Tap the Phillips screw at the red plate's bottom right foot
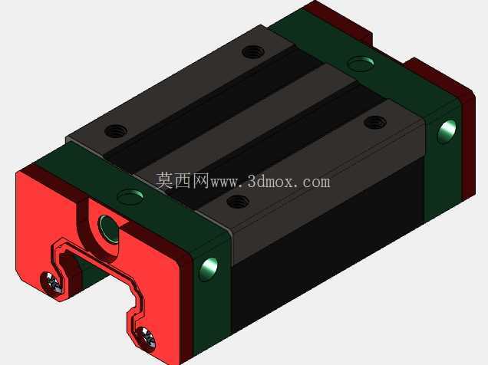[x=146, y=337]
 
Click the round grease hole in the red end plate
[x=109, y=227]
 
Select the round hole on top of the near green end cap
[x=130, y=196]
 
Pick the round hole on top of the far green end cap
[x=361, y=64]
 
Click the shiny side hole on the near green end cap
[x=209, y=269]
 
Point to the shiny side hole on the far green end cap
[x=447, y=132]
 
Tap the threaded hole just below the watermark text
[x=238, y=202]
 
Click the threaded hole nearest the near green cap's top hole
[x=116, y=131]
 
